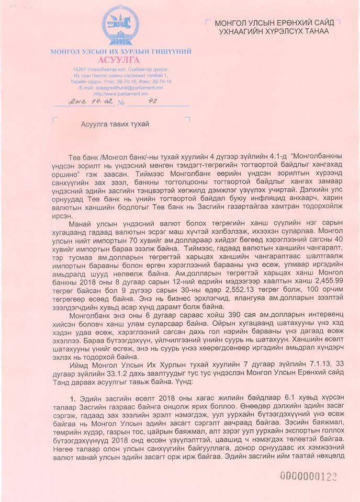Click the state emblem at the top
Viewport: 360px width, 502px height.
[120, 26]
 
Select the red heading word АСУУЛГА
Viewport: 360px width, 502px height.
[120, 60]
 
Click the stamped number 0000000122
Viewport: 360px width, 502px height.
[308, 476]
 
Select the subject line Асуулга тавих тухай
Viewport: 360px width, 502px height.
[115, 124]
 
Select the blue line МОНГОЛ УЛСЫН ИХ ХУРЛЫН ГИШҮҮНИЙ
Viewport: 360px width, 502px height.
[120, 51]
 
